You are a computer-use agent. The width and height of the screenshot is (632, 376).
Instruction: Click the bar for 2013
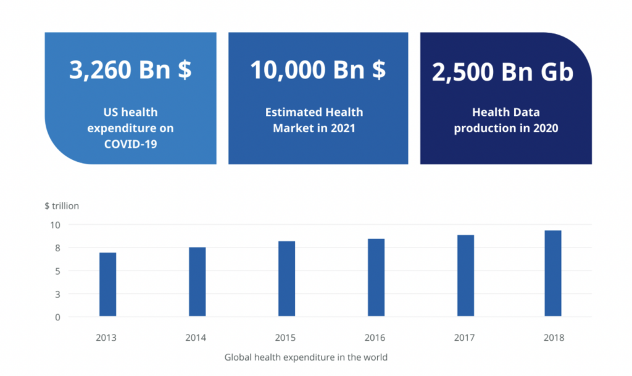[x=107, y=284]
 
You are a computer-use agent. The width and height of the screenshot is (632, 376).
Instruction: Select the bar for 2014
[x=197, y=282]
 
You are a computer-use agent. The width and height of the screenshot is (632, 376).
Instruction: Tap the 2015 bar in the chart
[x=286, y=278]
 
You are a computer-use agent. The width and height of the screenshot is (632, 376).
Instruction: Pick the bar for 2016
[x=376, y=277]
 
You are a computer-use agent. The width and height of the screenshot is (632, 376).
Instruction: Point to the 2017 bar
[x=465, y=275]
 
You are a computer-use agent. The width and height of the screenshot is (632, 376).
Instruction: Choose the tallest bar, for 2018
[x=553, y=274]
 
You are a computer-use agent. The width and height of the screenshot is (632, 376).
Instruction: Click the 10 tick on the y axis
[x=55, y=225]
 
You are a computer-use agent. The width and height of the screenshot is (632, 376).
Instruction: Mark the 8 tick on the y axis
[x=57, y=248]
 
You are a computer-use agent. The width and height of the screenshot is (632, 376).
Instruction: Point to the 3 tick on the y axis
[x=57, y=294]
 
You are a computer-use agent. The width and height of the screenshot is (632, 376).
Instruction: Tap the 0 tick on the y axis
[x=57, y=317]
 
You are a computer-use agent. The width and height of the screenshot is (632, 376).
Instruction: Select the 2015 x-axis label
[x=285, y=337]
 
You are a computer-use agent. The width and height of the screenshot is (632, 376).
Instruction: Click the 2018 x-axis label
[x=554, y=337]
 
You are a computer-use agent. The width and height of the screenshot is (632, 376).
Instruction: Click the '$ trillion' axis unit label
[x=62, y=206]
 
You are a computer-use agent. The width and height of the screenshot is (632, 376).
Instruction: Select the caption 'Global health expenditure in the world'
[x=306, y=357]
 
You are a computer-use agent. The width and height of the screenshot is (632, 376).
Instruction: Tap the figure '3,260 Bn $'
[x=131, y=69]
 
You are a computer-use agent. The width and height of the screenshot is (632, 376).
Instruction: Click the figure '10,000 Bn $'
[x=318, y=69]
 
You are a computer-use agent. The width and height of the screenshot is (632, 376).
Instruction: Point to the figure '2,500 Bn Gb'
[x=502, y=72]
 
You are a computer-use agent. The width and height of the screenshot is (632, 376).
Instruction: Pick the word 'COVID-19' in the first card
[x=131, y=144]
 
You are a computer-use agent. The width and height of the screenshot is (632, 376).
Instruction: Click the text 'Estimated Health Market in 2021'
[x=314, y=120]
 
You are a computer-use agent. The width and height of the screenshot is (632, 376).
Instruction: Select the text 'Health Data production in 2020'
[x=506, y=120]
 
